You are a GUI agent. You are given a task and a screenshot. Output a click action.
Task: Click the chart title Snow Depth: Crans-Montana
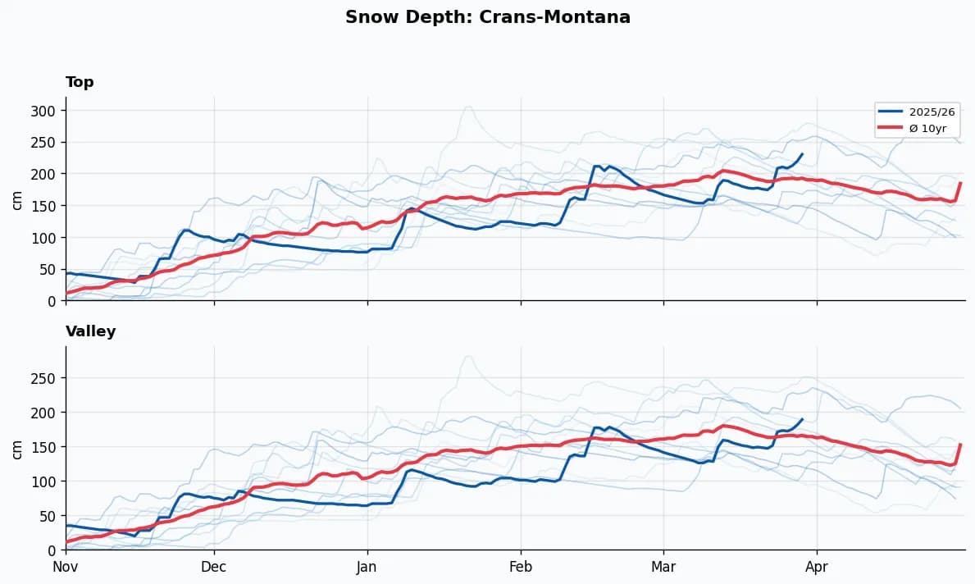[487, 17]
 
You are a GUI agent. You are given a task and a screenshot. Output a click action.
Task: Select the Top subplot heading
[80, 82]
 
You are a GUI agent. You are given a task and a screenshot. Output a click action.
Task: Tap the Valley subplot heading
[90, 331]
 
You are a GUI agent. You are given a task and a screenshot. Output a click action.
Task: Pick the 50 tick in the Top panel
[50, 270]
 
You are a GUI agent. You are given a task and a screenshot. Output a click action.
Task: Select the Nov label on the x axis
[66, 567]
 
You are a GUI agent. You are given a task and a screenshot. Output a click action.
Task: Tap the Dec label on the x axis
[214, 567]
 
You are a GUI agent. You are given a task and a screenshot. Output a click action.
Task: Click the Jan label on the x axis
[367, 567]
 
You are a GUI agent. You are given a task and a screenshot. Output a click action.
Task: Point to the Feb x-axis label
[521, 567]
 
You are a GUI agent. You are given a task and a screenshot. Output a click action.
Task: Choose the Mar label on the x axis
[663, 567]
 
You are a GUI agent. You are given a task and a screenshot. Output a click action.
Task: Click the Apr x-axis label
[817, 567]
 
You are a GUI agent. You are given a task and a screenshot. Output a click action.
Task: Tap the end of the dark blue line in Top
[802, 154]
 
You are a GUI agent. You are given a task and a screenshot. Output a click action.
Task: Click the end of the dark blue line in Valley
[802, 419]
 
